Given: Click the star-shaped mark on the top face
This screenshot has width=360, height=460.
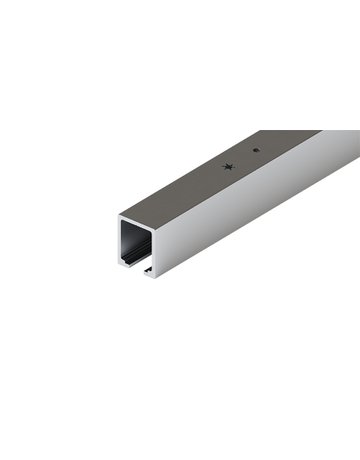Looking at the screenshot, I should pos(231,167).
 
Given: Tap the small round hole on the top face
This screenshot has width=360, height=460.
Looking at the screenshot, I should pos(256,150).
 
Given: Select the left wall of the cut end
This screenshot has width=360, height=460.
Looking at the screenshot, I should pos(119,241).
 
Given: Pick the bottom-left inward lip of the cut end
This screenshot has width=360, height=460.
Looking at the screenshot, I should pos(125,265).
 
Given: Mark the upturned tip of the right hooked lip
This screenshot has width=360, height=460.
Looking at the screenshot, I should pos(146,269).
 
